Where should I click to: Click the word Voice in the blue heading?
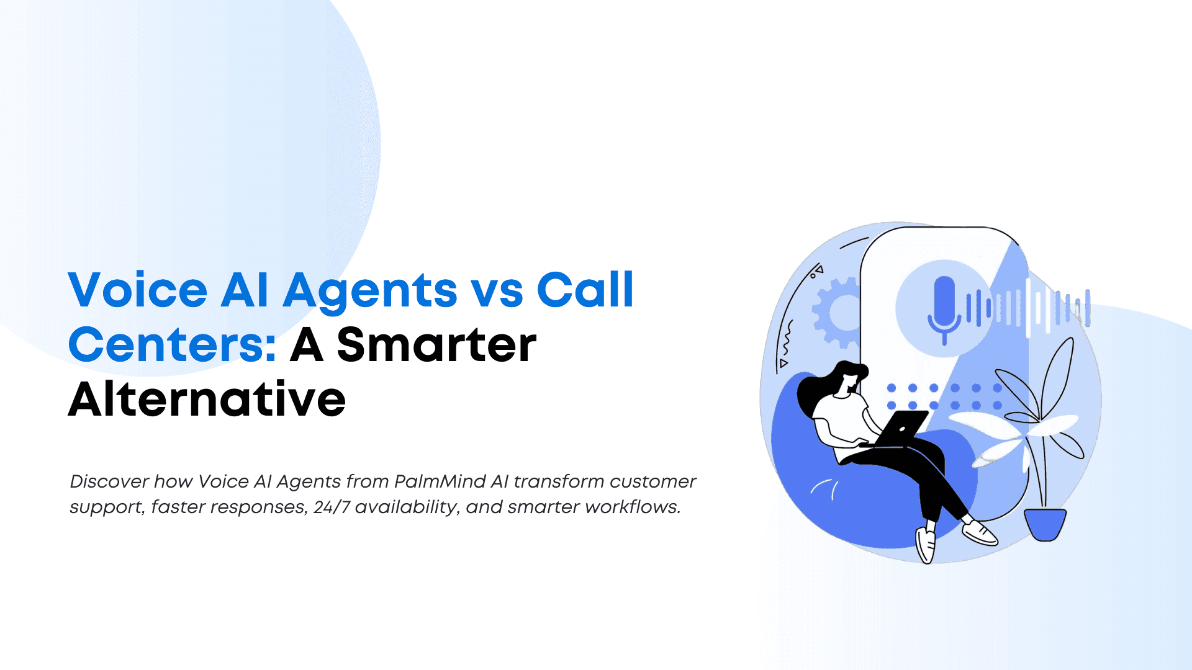tap(138, 290)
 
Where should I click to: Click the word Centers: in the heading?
tap(172, 345)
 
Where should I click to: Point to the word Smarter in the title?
tap(436, 345)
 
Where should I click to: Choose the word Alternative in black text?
tap(207, 399)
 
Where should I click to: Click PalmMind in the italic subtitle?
tap(440, 481)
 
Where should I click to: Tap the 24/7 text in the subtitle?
tap(332, 507)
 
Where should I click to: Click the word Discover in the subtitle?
tap(109, 481)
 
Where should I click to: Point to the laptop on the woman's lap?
tap(895, 429)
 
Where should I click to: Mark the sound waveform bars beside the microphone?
tap(1027, 307)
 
